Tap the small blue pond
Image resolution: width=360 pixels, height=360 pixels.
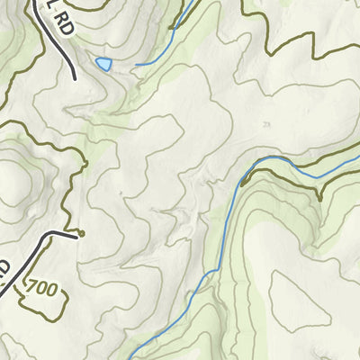[103, 63]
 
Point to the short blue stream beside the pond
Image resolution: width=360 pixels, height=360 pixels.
[149, 63]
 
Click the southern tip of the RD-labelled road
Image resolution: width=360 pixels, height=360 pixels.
[74, 78]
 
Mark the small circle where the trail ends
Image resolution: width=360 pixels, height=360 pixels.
[81, 233]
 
